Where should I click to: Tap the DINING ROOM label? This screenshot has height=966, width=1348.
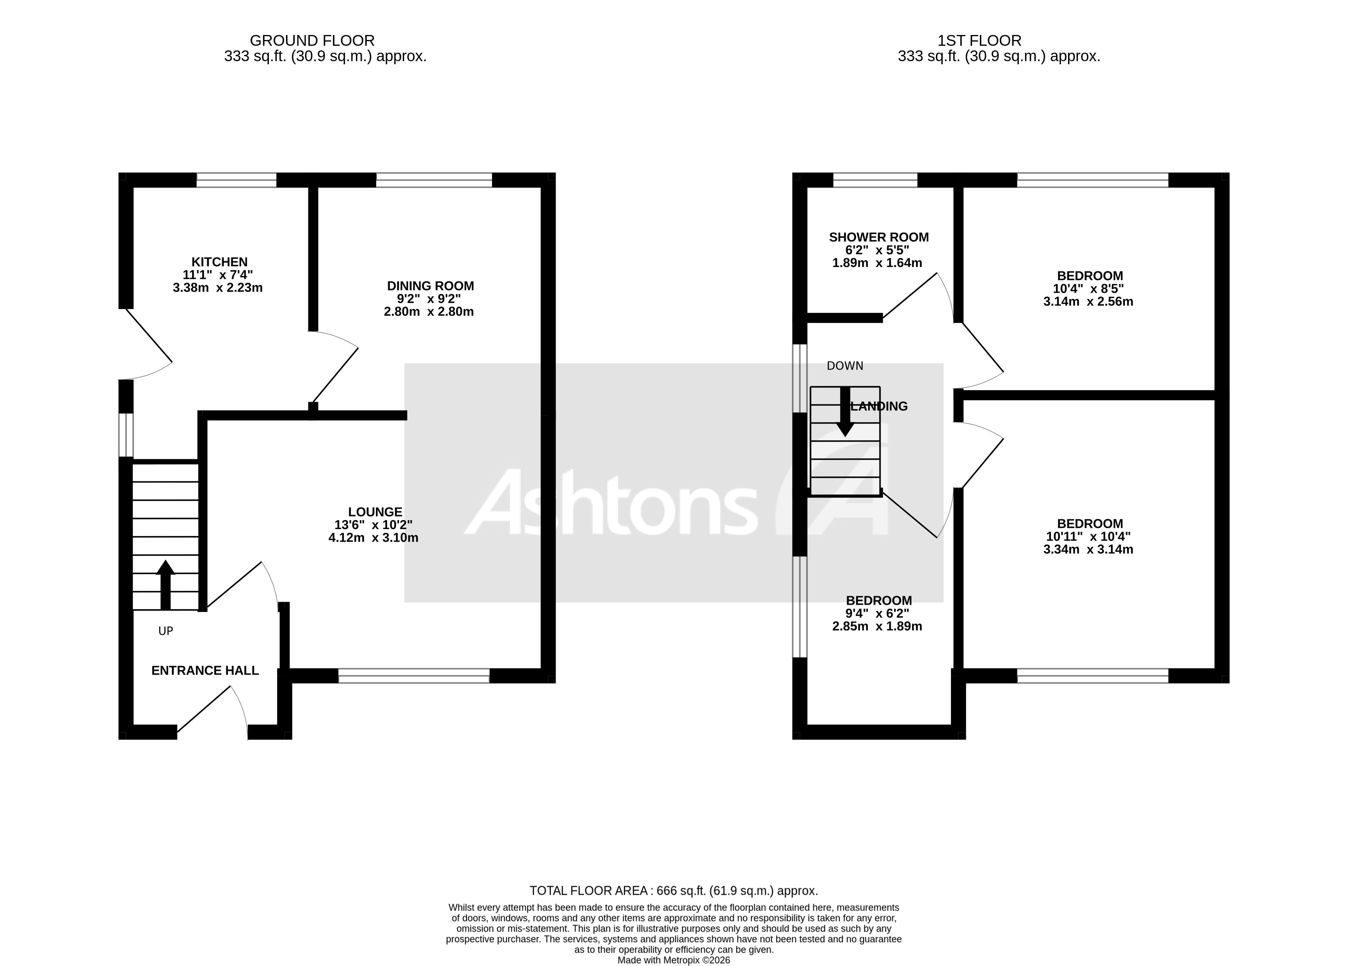[x=430, y=286]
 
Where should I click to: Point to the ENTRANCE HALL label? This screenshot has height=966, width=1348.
[x=205, y=671]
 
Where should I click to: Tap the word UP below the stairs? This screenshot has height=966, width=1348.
[x=166, y=631]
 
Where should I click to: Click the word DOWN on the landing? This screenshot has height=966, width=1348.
[x=844, y=366]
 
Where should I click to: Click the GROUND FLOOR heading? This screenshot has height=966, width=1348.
[x=312, y=40]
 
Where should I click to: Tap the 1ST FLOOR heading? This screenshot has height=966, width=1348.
[x=979, y=40]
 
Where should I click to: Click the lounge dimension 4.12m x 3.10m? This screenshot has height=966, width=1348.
[x=373, y=538]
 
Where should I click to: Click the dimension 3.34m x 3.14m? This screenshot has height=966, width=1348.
[x=1088, y=550]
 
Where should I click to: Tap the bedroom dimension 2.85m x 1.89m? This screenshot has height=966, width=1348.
[x=877, y=626]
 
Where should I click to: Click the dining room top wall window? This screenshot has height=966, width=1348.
[x=434, y=180]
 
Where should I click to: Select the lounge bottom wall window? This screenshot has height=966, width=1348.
[x=414, y=676]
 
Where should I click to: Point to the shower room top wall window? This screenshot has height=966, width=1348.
[x=875, y=180]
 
